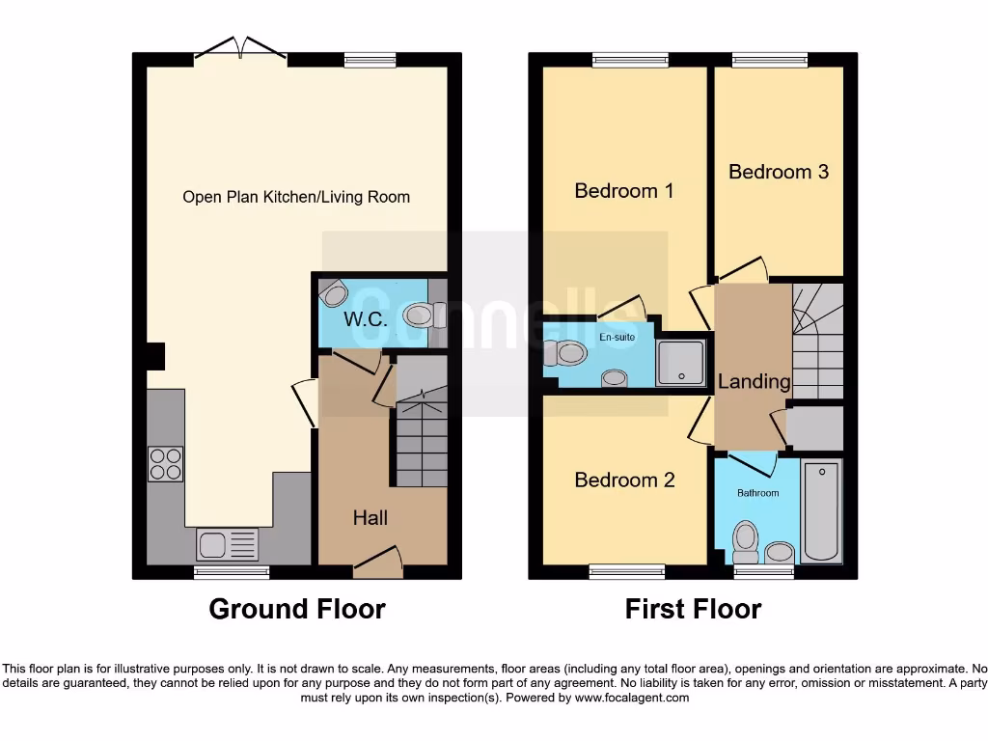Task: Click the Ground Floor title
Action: click(297, 610)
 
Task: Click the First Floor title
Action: click(693, 610)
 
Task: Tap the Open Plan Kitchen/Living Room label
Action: click(296, 197)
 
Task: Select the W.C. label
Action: click(366, 319)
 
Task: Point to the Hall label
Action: click(370, 518)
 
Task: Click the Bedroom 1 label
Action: click(623, 190)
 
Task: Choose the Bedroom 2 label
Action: click(624, 480)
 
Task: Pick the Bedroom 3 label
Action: click(778, 172)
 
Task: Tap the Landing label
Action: click(754, 381)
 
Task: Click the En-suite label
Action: click(617, 338)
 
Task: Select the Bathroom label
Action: click(757, 493)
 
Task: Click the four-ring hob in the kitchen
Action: click(165, 463)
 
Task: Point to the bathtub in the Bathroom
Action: click(822, 511)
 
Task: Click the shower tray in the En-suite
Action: click(680, 362)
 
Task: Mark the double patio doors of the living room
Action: click(241, 50)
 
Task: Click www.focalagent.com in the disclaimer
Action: click(632, 698)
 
